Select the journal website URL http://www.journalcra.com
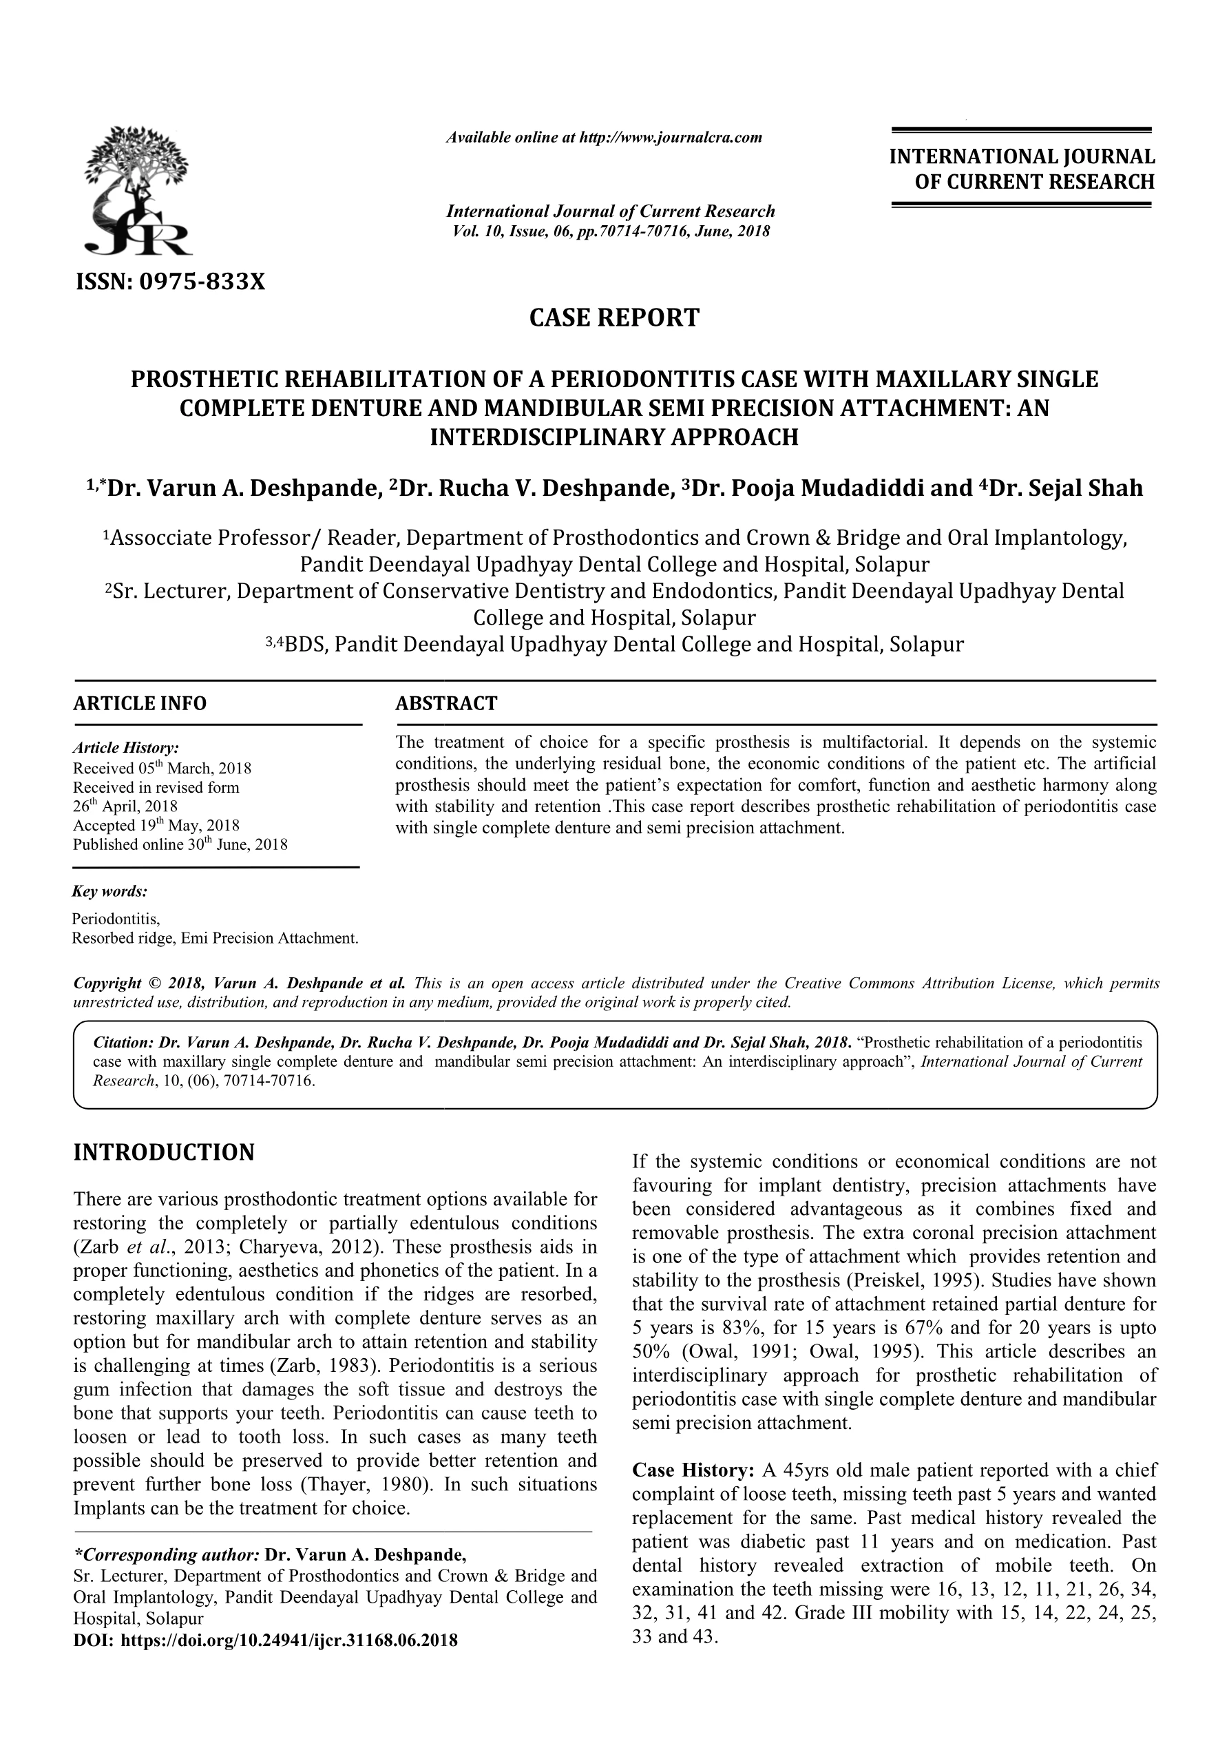[670, 138]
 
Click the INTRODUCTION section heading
[164, 1153]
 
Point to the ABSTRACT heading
[446, 704]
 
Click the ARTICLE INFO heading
[139, 704]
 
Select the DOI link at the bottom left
[265, 1641]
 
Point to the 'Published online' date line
[180, 844]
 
